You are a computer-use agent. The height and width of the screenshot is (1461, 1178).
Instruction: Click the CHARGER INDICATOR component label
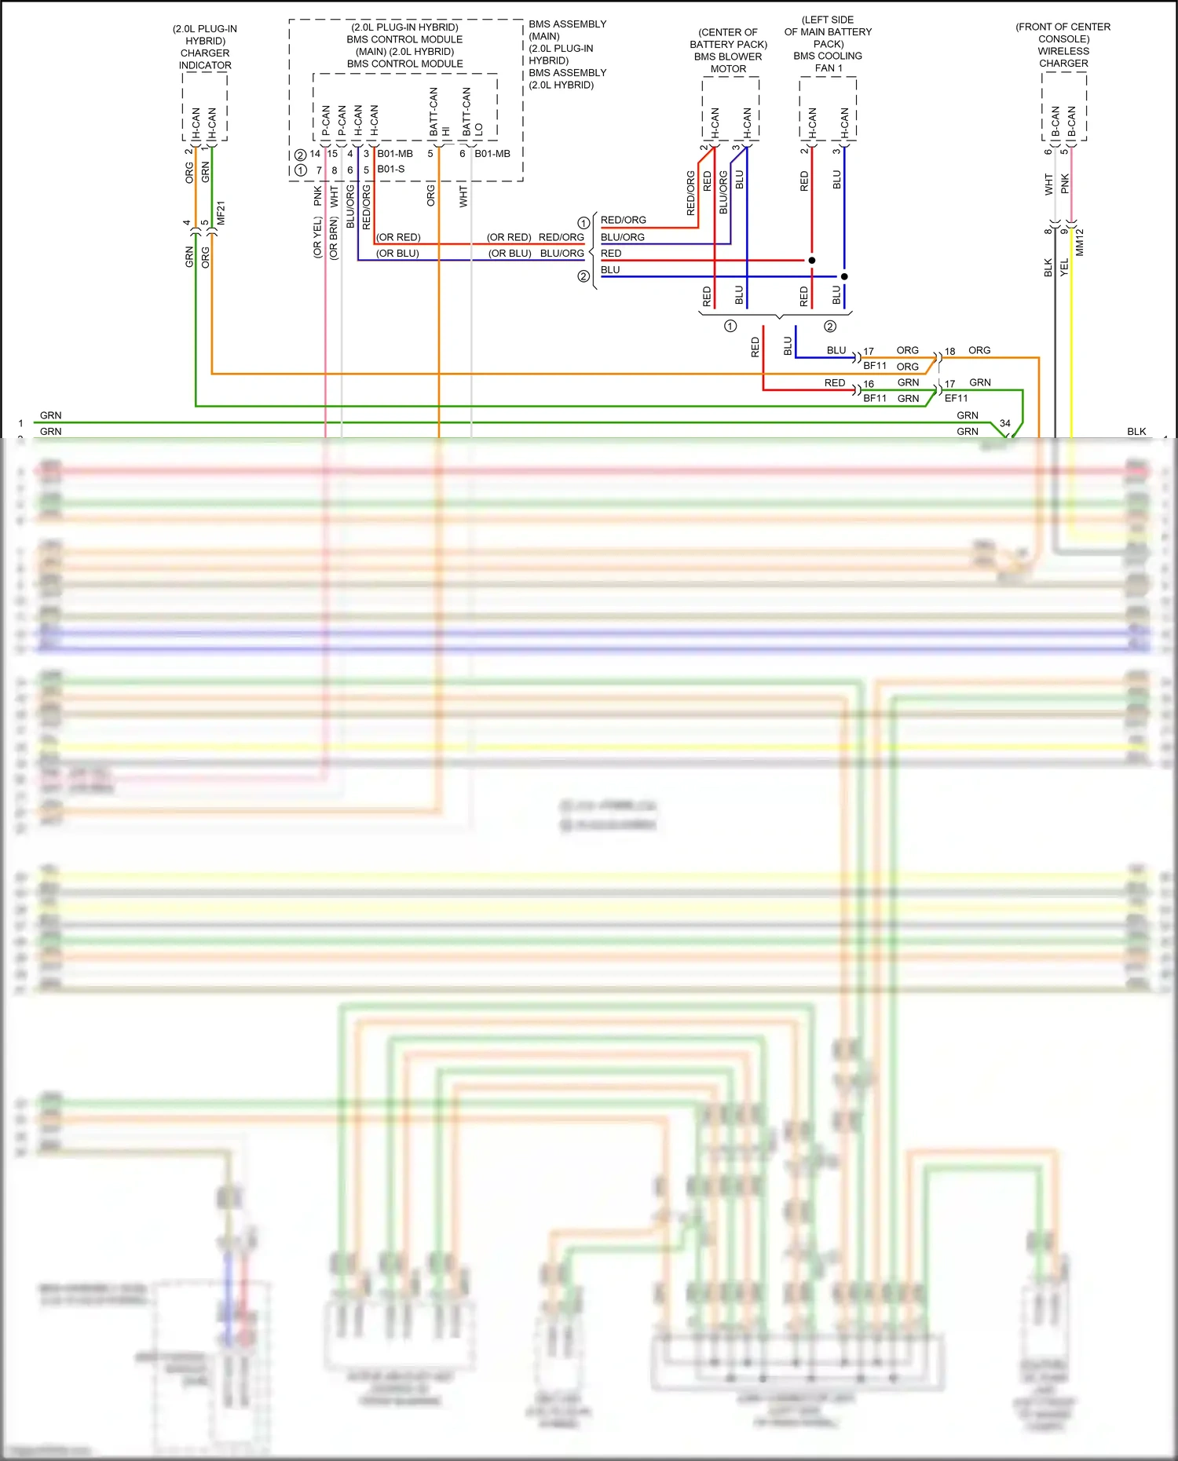(x=205, y=59)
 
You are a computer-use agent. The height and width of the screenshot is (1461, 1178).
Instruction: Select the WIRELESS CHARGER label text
(x=1063, y=57)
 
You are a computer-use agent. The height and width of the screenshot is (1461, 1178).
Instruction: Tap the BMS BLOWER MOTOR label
(x=728, y=63)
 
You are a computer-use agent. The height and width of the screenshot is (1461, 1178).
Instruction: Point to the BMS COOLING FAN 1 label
(x=829, y=62)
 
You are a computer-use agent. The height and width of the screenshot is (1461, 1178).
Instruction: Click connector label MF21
(x=221, y=213)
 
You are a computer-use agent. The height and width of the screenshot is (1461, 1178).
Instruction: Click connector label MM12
(x=1080, y=242)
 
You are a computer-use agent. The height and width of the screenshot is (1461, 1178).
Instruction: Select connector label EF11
(x=956, y=398)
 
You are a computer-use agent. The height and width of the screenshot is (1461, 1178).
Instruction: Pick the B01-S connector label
(x=391, y=169)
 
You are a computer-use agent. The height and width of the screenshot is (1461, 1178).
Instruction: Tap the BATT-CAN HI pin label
(x=439, y=112)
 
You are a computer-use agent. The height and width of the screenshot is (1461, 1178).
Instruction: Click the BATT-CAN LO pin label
(x=472, y=112)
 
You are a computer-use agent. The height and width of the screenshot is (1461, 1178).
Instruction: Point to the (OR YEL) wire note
(x=317, y=239)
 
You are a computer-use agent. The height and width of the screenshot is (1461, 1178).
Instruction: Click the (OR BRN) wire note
(x=334, y=239)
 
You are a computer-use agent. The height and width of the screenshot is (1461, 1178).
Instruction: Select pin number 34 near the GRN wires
(x=1004, y=423)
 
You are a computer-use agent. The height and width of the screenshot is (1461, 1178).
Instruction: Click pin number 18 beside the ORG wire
(x=949, y=351)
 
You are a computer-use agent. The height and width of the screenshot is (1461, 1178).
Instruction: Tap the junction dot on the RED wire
(x=812, y=260)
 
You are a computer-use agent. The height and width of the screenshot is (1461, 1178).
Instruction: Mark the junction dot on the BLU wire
(x=844, y=276)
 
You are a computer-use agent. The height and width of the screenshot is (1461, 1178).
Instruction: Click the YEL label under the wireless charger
(x=1064, y=267)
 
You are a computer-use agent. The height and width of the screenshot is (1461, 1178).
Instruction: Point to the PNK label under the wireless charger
(x=1065, y=184)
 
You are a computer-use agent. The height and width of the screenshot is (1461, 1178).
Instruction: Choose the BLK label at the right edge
(x=1136, y=431)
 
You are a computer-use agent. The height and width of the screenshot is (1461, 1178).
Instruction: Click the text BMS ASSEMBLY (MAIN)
(x=567, y=30)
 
